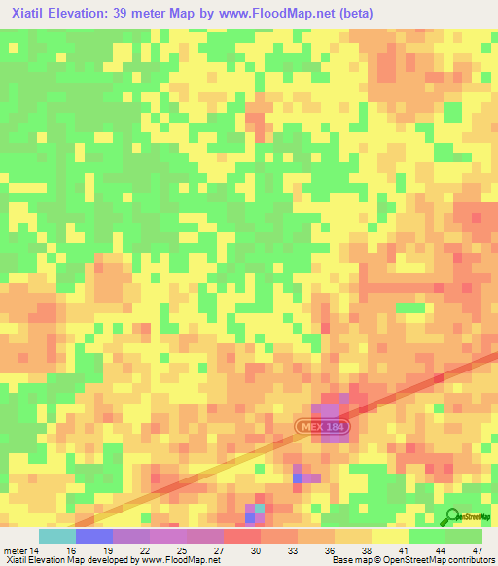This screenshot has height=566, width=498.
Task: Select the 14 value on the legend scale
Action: [x=37, y=549]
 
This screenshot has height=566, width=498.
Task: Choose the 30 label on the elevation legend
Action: [x=256, y=549]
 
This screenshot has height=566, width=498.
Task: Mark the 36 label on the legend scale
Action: [x=330, y=549]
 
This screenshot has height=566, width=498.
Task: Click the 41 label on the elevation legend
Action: [x=406, y=549]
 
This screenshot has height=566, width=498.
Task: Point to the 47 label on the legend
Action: [x=478, y=549]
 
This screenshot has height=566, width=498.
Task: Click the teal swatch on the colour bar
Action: [x=56, y=536]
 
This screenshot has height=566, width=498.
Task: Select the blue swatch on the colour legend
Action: [x=93, y=536]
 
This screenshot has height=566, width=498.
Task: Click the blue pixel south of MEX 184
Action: [x=297, y=478]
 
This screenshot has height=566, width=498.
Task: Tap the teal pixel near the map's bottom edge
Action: [x=260, y=508]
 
